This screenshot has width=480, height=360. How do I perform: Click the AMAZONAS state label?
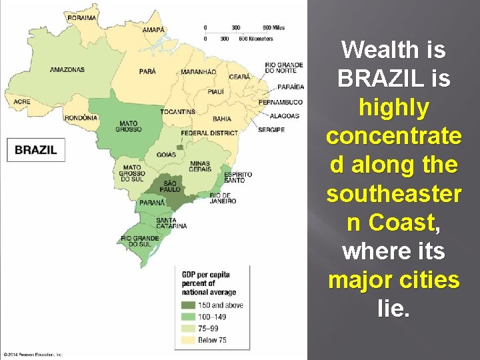click(67, 69)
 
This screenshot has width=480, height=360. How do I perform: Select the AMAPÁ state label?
click(153, 30)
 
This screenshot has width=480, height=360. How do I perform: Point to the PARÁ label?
click(148, 71)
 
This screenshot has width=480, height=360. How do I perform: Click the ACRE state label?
click(21, 102)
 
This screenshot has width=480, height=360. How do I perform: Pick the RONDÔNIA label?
click(81, 118)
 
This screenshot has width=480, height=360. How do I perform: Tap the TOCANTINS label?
click(177, 111)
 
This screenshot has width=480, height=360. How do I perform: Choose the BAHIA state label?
click(222, 119)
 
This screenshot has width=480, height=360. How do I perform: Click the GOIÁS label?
click(167, 155)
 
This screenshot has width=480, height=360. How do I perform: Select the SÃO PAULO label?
click(170, 186)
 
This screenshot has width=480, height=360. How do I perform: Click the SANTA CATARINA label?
click(171, 223)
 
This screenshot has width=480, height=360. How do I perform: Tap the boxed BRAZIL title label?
click(36, 150)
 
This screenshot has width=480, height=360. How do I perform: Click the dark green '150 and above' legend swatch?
click(189, 305)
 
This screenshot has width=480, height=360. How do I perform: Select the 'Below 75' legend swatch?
click(189, 341)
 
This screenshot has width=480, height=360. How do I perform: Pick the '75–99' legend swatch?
click(189, 329)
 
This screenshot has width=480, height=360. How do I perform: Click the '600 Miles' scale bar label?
click(273, 27)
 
